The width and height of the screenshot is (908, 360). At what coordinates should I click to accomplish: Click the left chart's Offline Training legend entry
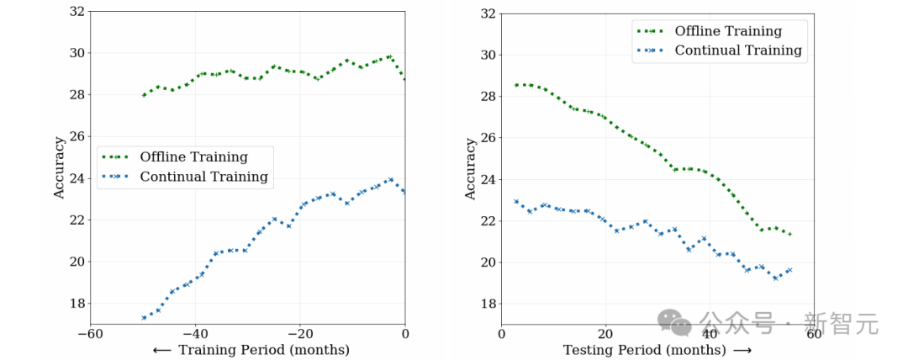coord(193,156)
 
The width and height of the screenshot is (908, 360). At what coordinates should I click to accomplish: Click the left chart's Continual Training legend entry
coord(203,177)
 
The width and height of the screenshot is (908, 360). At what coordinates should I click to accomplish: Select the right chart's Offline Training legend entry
coord(727,31)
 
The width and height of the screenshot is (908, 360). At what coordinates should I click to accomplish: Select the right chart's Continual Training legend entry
coord(737,50)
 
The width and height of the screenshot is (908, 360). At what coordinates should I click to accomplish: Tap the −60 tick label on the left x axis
coord(90,333)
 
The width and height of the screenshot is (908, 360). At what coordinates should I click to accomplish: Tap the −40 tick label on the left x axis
coord(195,333)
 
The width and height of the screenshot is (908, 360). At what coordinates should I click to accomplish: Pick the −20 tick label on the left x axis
coord(300,333)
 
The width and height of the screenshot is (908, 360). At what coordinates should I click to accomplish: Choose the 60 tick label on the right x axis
coord(813,333)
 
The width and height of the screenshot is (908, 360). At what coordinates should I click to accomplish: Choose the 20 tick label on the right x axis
coord(605,333)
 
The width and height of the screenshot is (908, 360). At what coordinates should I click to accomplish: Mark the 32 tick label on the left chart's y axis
coord(77,11)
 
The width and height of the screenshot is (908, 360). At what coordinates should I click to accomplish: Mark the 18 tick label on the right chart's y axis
coord(488,304)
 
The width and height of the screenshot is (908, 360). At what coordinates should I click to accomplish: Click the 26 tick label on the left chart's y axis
coord(77,136)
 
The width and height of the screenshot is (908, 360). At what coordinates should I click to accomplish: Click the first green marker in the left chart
coord(144,95)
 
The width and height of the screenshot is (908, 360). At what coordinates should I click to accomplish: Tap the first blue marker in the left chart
coord(144,318)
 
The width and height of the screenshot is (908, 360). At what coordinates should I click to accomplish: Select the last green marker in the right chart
coord(789,234)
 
